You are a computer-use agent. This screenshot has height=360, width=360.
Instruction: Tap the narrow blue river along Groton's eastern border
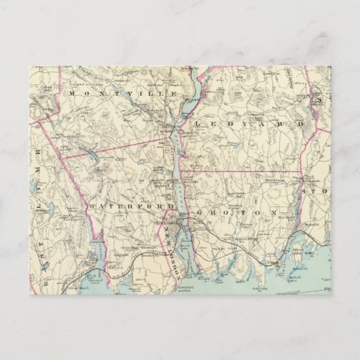pos(297,204)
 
